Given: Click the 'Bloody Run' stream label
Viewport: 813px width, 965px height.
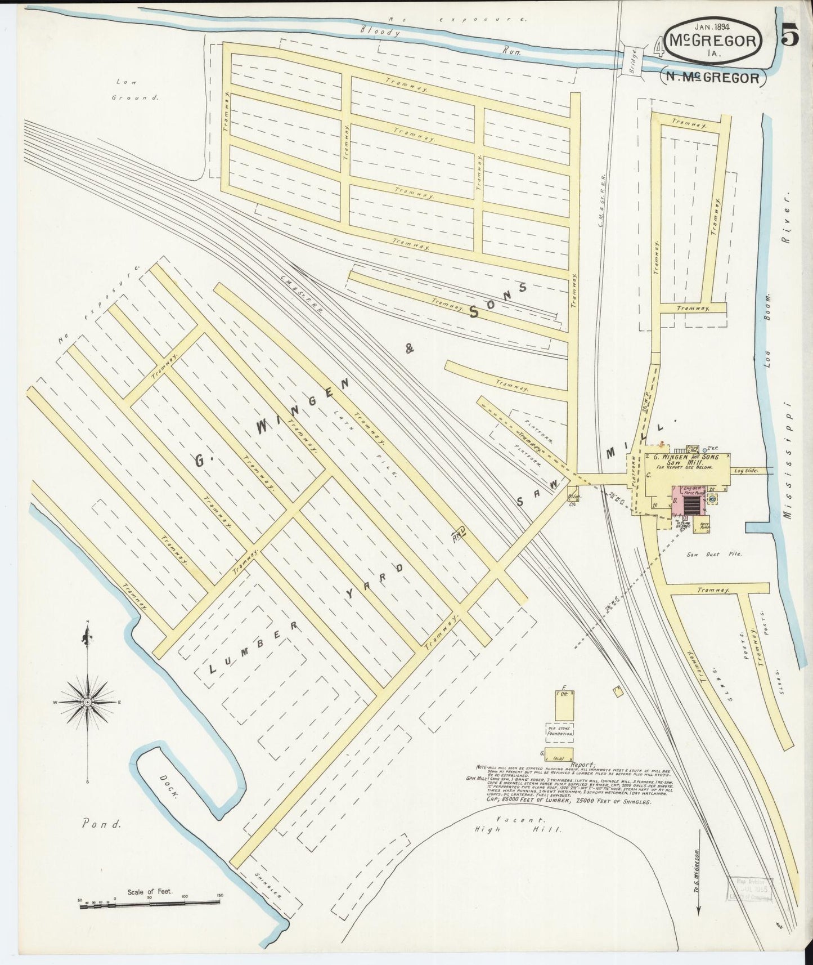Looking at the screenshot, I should (439, 42).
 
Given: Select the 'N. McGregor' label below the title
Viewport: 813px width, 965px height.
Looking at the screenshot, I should (713, 78).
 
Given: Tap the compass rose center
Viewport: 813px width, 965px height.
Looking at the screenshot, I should (88, 703).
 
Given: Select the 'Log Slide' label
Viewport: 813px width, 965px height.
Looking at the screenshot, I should (745, 470).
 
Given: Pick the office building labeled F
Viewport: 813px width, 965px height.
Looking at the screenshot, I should (564, 704).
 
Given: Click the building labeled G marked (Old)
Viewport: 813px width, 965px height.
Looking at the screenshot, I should (559, 754).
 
